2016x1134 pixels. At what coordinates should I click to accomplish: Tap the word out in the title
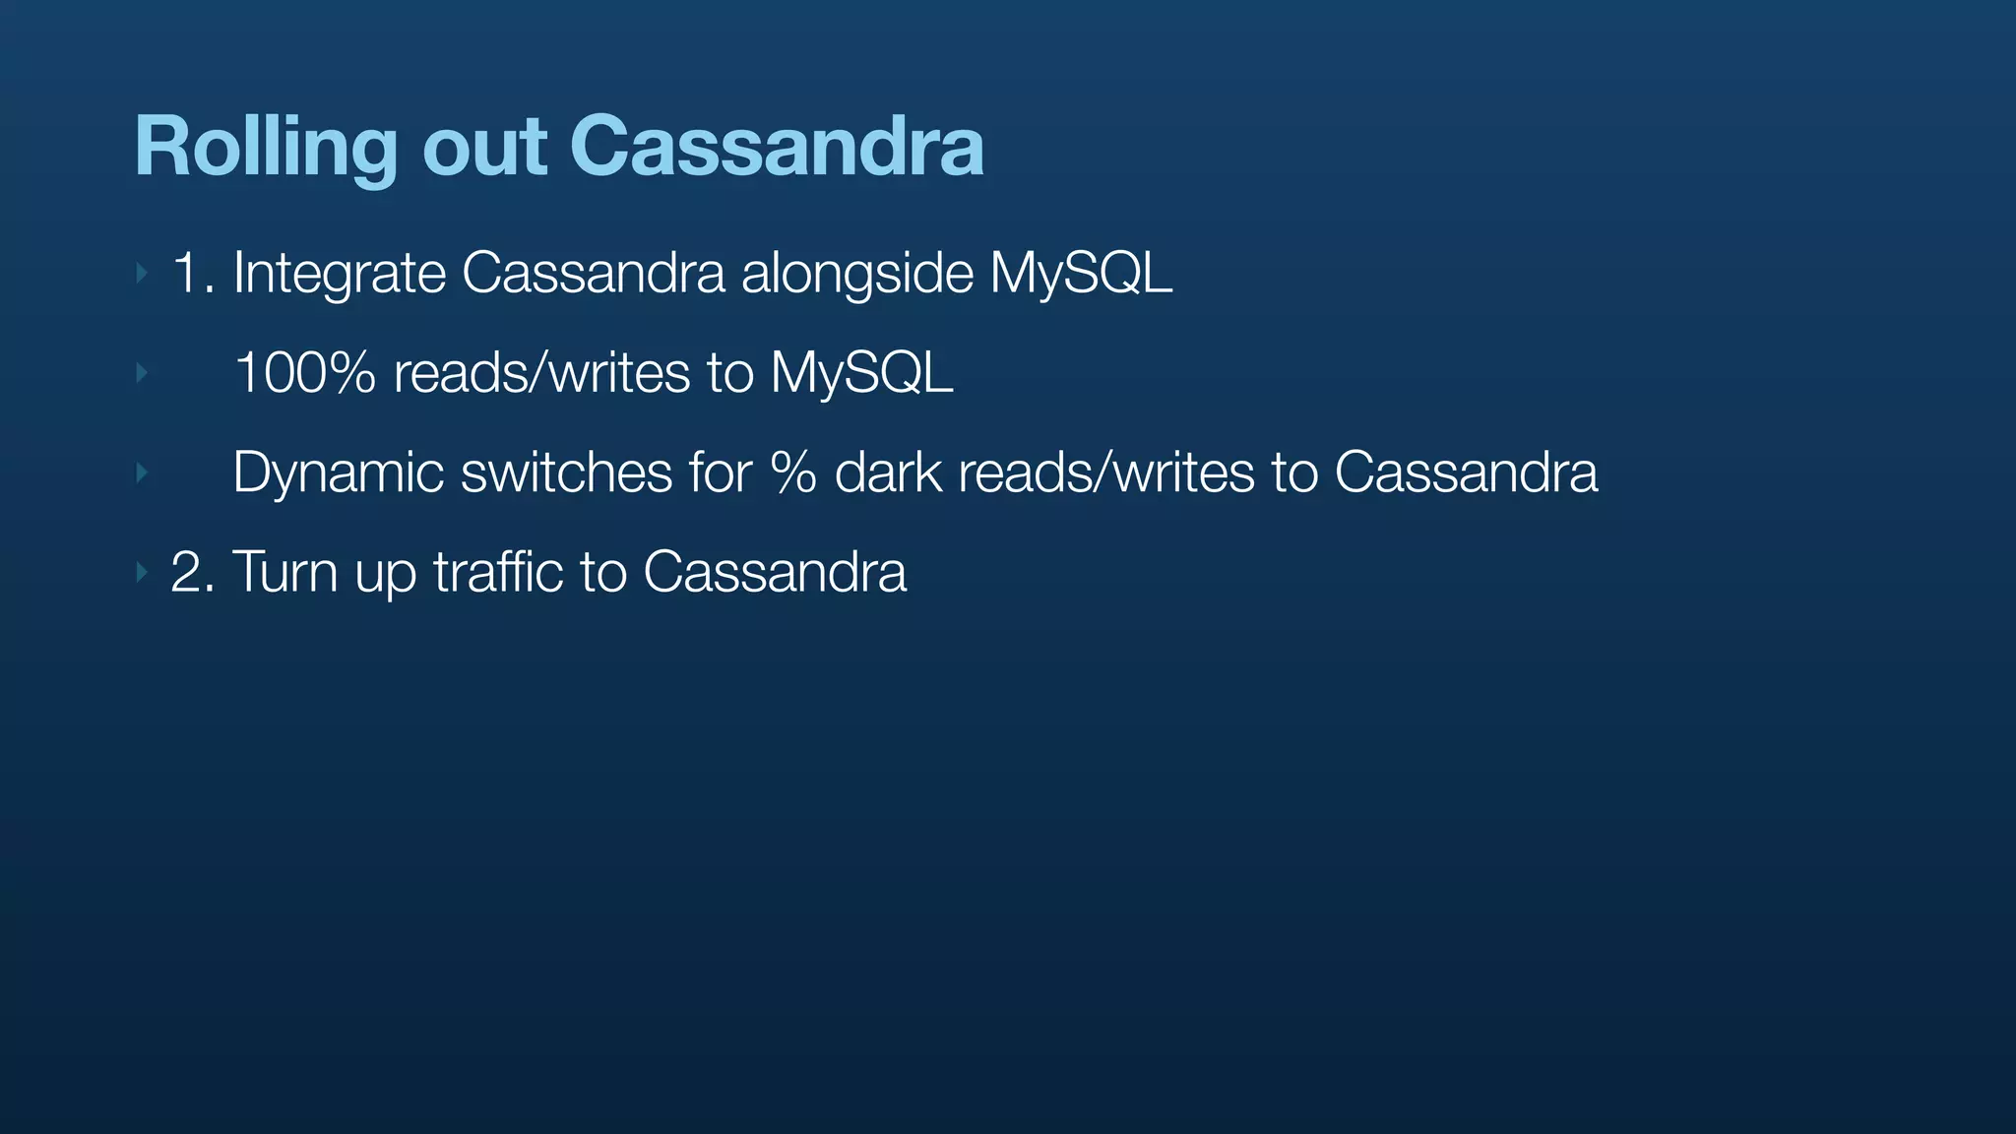(x=483, y=148)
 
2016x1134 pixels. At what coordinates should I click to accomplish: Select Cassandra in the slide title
(x=776, y=148)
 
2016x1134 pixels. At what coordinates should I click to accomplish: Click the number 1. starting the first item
(x=193, y=273)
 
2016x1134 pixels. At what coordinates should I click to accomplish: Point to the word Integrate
(x=339, y=275)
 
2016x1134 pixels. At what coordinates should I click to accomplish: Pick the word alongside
(x=856, y=275)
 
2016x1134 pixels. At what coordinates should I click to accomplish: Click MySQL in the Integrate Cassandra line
(x=1080, y=275)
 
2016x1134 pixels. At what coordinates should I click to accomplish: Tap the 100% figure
(x=305, y=374)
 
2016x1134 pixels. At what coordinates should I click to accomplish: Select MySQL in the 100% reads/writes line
(x=861, y=374)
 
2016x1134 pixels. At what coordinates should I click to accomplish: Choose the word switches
(x=566, y=472)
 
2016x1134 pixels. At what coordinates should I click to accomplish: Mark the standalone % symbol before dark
(x=793, y=472)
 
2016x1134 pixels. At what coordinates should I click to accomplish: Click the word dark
(x=888, y=472)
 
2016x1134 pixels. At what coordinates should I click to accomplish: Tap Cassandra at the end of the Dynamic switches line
(x=1466, y=472)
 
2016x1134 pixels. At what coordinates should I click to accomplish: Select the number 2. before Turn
(x=193, y=572)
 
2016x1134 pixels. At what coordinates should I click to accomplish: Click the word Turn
(x=284, y=572)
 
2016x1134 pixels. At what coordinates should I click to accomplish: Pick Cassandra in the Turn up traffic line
(x=774, y=572)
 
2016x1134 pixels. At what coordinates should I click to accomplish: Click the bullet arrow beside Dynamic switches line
(x=142, y=473)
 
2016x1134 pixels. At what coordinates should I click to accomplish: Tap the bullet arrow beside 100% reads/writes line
(x=142, y=373)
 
